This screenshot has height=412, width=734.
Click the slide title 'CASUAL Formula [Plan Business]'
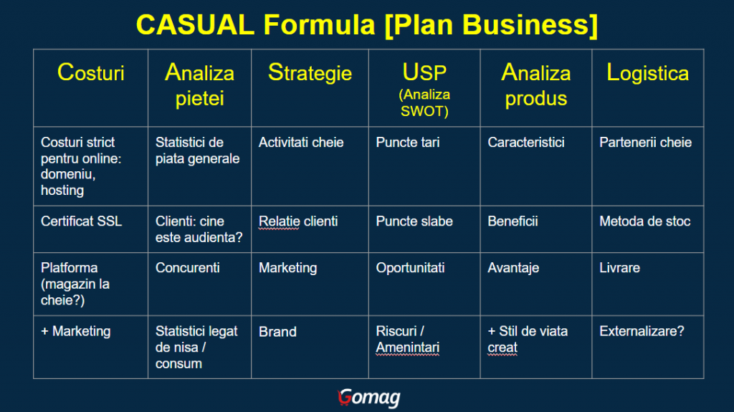[x=366, y=25]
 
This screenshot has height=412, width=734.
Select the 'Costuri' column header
[x=91, y=72]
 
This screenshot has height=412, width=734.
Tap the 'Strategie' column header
[x=310, y=72]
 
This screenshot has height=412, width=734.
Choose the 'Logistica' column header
[x=648, y=72]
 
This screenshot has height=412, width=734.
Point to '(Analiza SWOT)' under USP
[x=424, y=103]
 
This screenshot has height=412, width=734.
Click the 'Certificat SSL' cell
[x=82, y=221]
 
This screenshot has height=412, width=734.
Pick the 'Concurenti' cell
[x=187, y=268]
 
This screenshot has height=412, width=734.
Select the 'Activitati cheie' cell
[x=301, y=143]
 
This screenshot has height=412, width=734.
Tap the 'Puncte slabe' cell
[x=414, y=221]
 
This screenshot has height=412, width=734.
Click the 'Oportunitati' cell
[x=410, y=268]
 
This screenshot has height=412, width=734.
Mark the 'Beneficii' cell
[x=513, y=221]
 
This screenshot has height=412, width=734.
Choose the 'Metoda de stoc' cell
[x=645, y=221]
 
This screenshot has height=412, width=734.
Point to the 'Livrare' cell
[x=620, y=268]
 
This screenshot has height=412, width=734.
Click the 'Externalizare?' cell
[x=642, y=332]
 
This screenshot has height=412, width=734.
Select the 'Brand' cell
[x=277, y=332]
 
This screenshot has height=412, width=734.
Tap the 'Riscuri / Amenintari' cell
[x=408, y=340]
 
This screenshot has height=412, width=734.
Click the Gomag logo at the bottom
[x=369, y=398]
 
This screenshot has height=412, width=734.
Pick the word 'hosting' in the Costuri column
[x=62, y=191]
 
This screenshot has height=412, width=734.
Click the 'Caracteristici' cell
[x=526, y=143]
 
